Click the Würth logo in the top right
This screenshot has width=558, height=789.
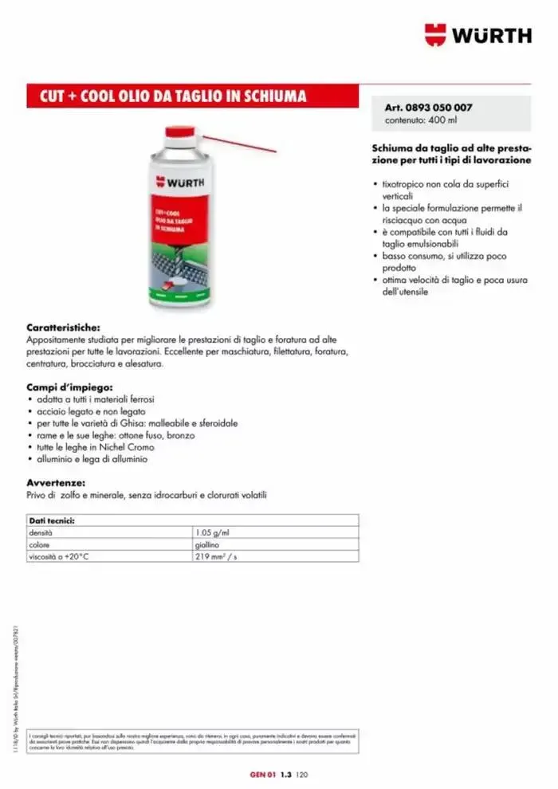pos(477,35)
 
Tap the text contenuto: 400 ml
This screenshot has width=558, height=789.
pos(421,120)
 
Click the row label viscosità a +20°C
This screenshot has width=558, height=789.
pos(59,557)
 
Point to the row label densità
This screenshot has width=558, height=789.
pos(41,532)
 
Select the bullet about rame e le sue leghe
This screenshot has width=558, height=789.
pos(115,436)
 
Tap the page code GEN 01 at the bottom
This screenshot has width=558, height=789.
pos(263,773)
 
